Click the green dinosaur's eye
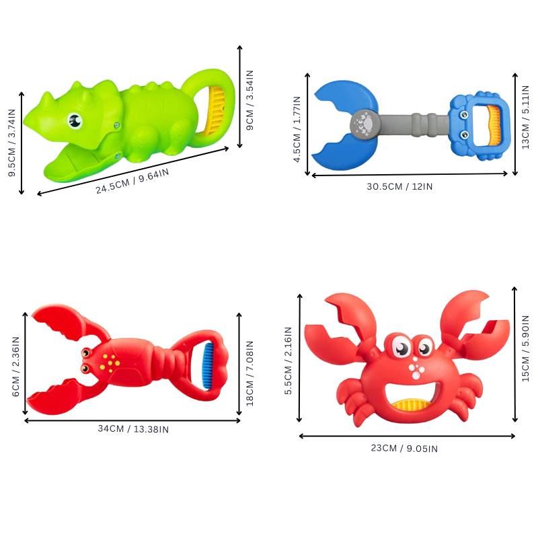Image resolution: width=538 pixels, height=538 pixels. click(75, 120)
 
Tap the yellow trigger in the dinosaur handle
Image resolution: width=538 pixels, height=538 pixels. click(215, 110)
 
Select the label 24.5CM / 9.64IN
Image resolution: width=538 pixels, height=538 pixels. click(132, 181)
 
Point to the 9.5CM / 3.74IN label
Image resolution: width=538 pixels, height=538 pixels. click(11, 143)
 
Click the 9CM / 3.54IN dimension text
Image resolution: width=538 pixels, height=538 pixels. click(249, 100)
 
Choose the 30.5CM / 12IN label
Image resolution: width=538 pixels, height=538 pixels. click(399, 186)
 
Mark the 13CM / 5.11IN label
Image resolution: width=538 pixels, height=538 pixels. click(525, 117)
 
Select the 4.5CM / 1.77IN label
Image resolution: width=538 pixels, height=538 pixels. click(297, 129)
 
